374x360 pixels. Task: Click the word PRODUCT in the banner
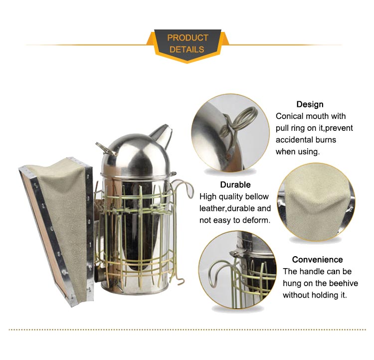pyautogui.click(x=187, y=38)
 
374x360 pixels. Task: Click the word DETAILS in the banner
pyautogui.click(x=187, y=49)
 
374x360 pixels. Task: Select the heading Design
pyautogui.click(x=310, y=105)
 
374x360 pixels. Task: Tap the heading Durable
pyautogui.click(x=235, y=185)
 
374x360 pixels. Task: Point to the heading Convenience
pyautogui.click(x=317, y=260)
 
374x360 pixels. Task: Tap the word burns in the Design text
pyautogui.click(x=326, y=140)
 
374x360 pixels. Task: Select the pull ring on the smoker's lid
pyautogui.click(x=105, y=148)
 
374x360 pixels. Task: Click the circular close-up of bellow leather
pyautogui.click(x=316, y=202)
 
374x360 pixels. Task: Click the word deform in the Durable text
pyautogui.click(x=258, y=220)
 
